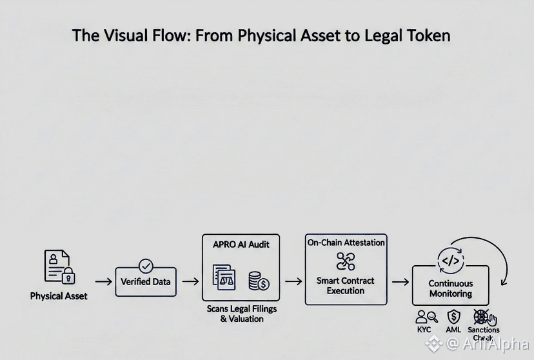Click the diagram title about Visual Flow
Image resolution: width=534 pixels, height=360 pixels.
click(x=261, y=35)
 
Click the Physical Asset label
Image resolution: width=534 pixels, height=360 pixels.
click(x=59, y=296)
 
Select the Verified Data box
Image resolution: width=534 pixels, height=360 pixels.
click(x=146, y=282)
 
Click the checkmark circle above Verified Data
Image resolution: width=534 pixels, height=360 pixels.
click(x=146, y=265)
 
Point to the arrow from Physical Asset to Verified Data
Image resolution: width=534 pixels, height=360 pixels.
click(x=103, y=282)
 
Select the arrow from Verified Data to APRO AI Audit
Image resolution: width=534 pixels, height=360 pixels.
click(x=190, y=282)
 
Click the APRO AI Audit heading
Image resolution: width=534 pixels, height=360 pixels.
click(x=241, y=245)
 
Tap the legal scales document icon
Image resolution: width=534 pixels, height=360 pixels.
click(x=224, y=276)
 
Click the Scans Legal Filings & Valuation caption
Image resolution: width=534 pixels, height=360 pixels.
click(x=242, y=314)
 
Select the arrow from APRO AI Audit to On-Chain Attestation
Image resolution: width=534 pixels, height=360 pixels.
click(x=293, y=282)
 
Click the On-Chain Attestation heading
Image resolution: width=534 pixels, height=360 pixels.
click(x=346, y=243)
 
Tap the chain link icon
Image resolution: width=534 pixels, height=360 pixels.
click(x=346, y=261)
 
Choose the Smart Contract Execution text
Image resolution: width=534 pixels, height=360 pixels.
click(x=346, y=285)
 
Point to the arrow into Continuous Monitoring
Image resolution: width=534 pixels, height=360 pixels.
click(x=400, y=282)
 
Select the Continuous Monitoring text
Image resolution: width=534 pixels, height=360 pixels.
click(x=450, y=288)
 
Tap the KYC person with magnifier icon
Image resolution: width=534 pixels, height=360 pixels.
click(x=426, y=317)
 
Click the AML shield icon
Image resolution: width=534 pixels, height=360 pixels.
click(x=454, y=317)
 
